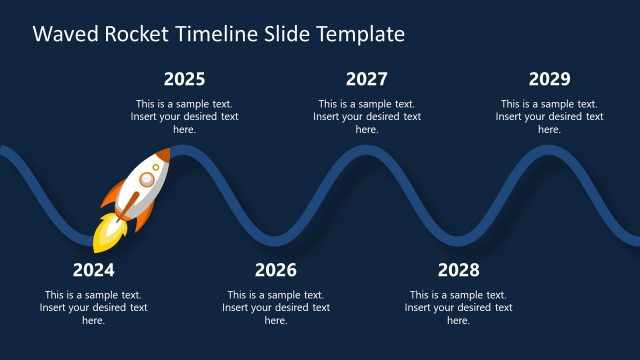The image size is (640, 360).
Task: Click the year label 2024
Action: [x=93, y=270]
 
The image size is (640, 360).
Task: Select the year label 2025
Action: [x=184, y=79]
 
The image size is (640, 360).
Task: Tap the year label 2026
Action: [x=276, y=270]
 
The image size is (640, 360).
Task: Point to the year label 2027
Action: [x=367, y=79]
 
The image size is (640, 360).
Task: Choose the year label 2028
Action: [x=458, y=270]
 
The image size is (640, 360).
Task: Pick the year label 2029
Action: [x=549, y=79]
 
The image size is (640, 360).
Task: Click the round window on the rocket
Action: [x=148, y=179]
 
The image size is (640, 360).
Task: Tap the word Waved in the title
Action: [x=61, y=34]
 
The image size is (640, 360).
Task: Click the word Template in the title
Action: [x=360, y=34]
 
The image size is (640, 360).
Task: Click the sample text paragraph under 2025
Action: [x=184, y=116]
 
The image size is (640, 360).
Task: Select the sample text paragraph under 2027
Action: [x=367, y=116]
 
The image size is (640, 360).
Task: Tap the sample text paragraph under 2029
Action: [x=549, y=116]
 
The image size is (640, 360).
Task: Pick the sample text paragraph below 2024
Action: [x=93, y=308]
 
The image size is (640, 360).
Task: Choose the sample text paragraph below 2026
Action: [x=276, y=308]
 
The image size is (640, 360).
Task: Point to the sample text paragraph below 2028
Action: [x=458, y=308]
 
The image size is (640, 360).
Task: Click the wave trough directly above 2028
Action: [x=458, y=239]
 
